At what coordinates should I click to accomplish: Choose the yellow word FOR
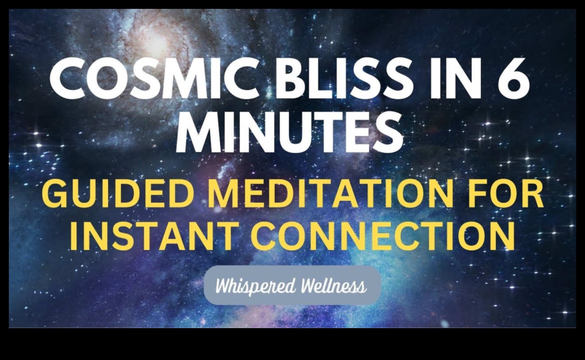pos(507,195)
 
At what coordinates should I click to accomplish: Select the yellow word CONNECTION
pos(381,236)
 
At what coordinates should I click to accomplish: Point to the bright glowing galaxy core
pos(160,44)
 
